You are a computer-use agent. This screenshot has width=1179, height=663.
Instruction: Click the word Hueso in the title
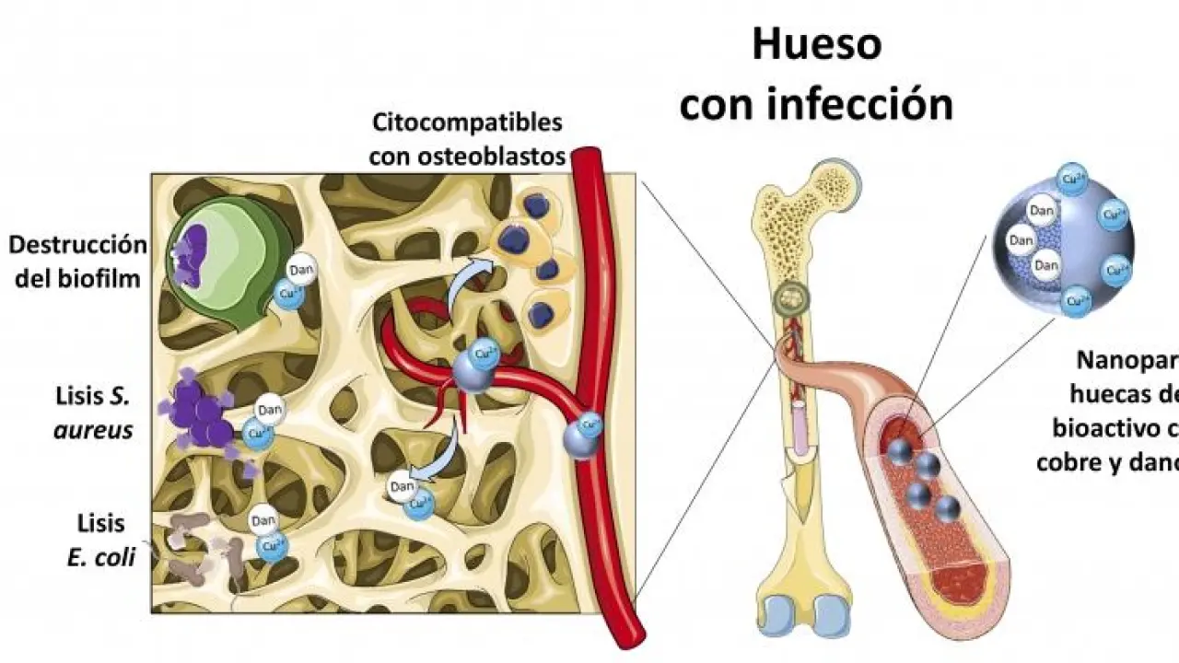pyautogui.click(x=816, y=44)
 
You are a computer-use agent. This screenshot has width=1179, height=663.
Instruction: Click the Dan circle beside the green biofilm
pyautogui.click(x=301, y=270)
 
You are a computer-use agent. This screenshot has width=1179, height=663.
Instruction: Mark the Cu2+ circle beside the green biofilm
pyautogui.click(x=290, y=294)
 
